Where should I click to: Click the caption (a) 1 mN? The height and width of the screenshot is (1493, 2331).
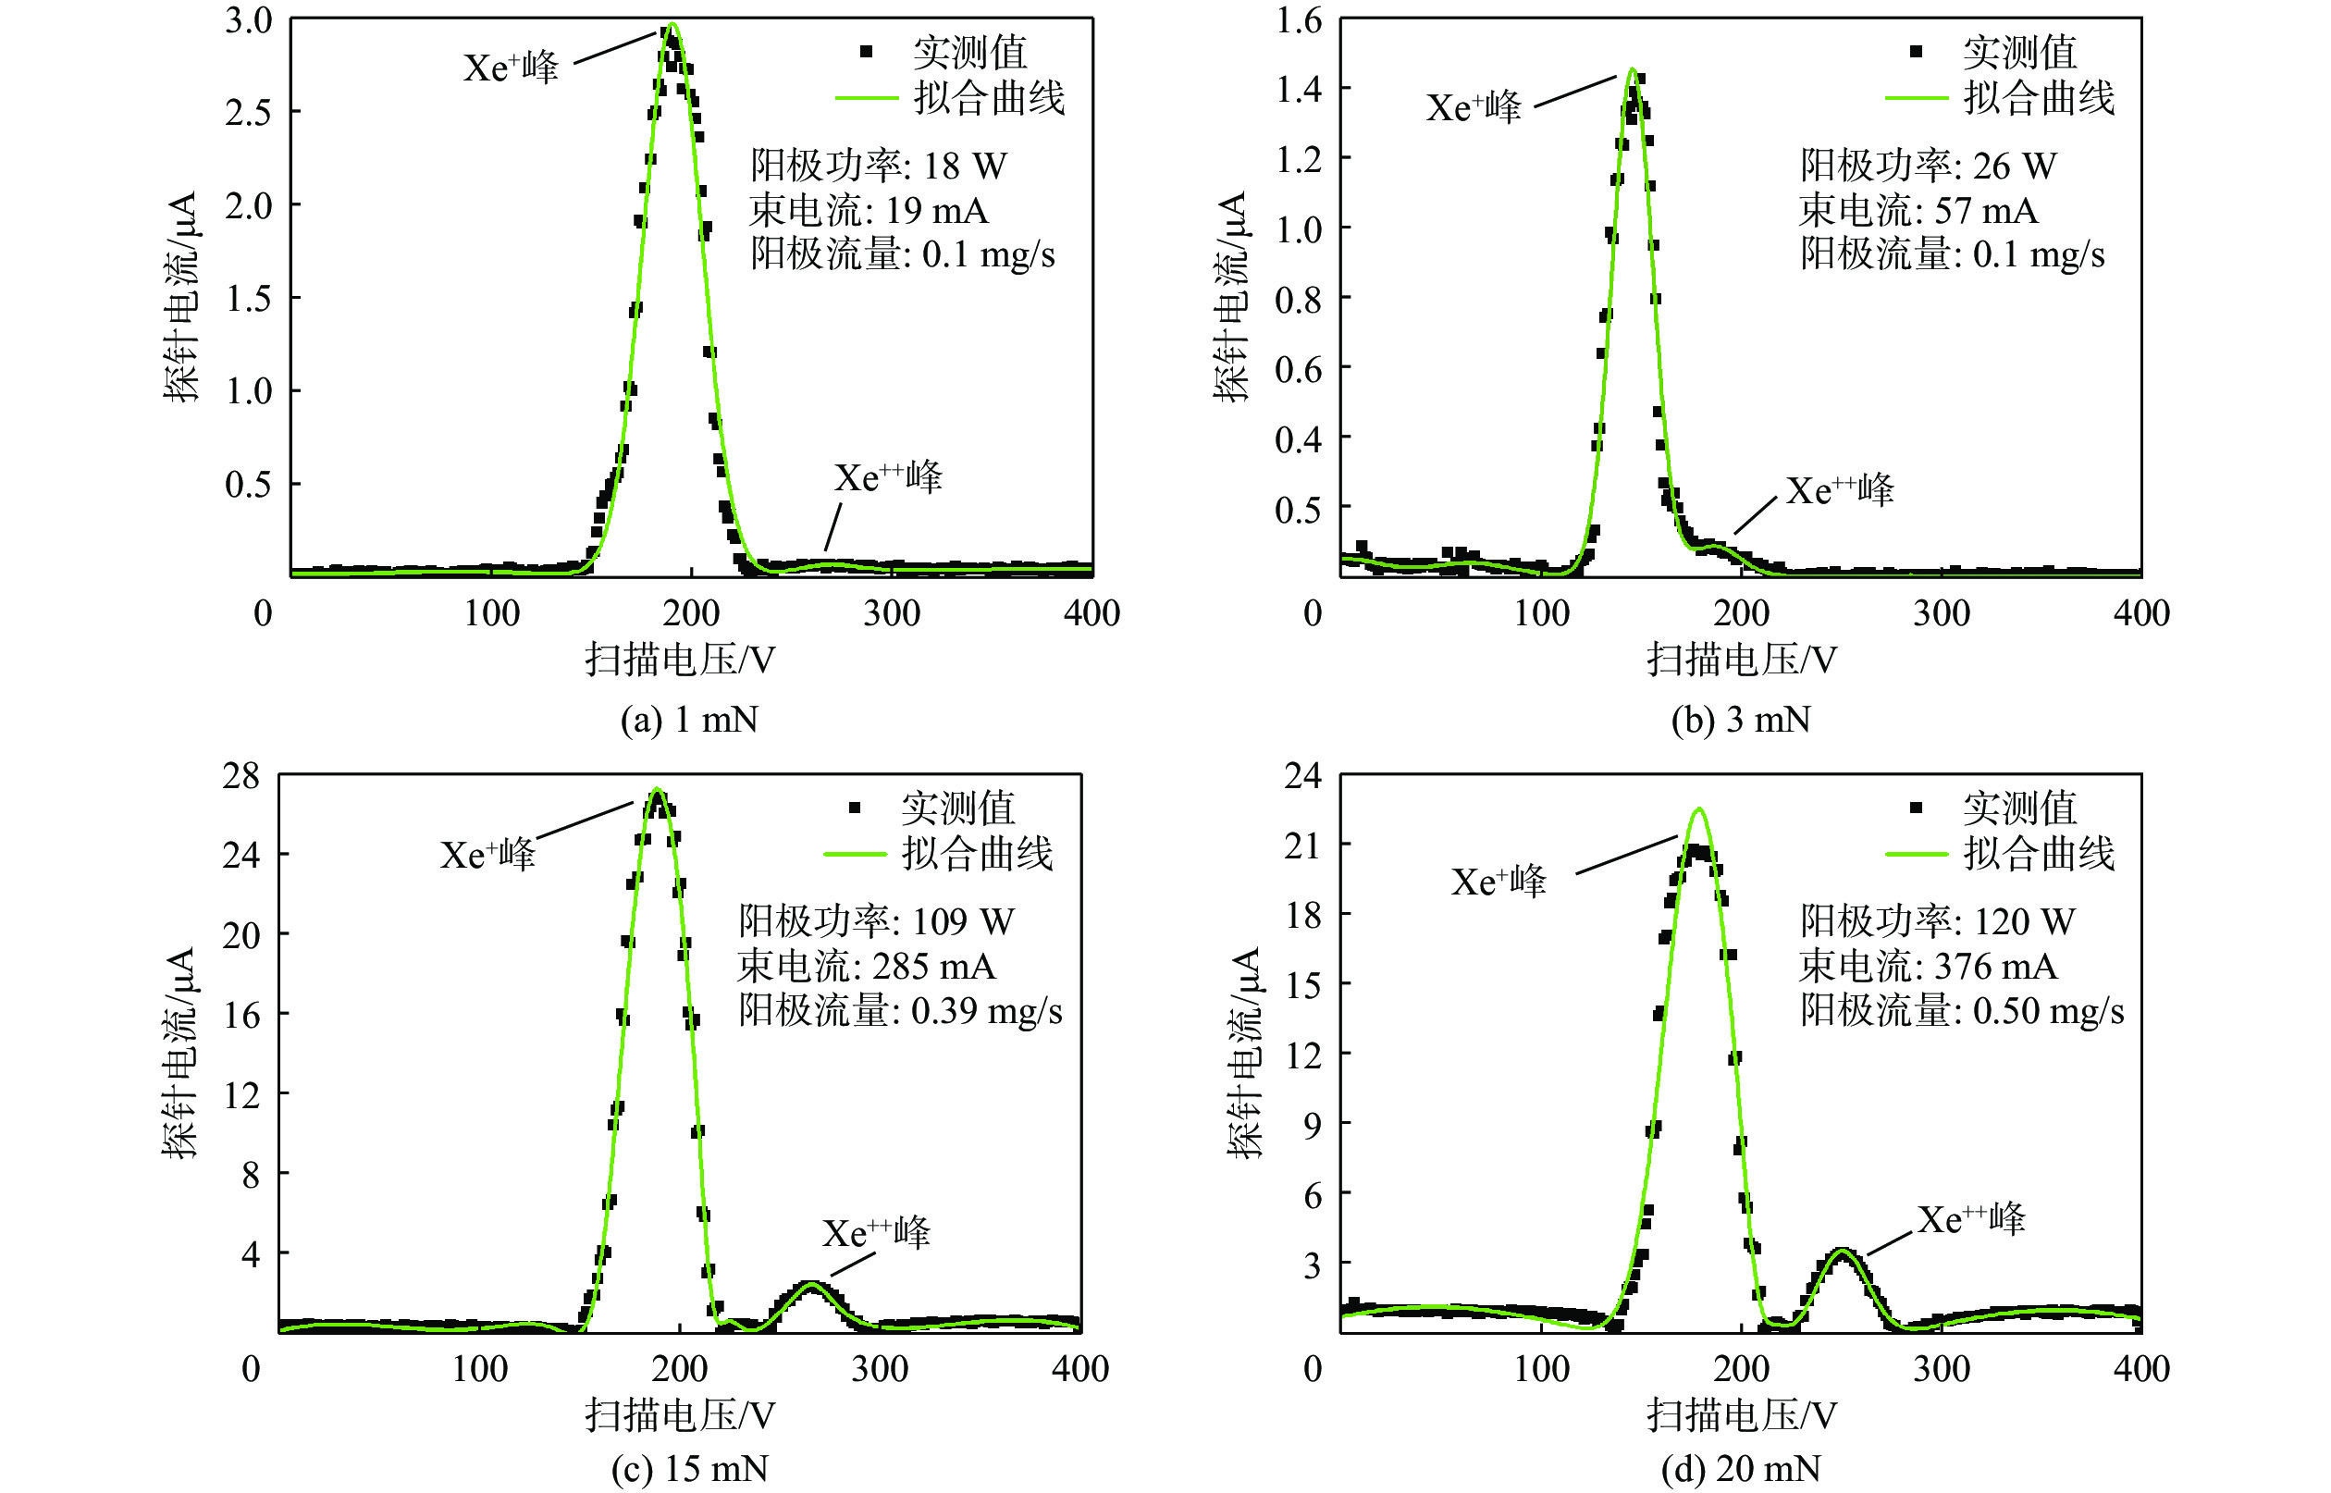coord(689,720)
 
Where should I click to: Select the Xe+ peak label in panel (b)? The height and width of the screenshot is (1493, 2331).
coord(1474,106)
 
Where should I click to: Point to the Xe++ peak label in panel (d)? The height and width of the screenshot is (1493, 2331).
coord(1970,1218)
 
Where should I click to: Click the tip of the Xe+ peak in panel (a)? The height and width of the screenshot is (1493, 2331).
coord(672,24)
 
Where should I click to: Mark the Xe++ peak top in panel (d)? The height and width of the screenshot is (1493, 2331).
coord(1842,1251)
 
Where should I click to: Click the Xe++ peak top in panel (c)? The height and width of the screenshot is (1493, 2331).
coord(810,1284)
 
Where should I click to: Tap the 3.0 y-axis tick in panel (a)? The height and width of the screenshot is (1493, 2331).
coord(248,20)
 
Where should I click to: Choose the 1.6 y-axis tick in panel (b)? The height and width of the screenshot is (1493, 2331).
coord(1299,20)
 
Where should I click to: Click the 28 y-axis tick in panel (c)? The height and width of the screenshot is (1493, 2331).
coord(241,775)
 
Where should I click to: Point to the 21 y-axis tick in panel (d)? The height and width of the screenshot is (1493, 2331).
coord(1301,846)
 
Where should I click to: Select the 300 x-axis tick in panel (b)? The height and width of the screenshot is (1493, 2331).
coord(1942,612)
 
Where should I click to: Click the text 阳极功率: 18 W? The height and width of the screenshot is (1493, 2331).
coord(878,166)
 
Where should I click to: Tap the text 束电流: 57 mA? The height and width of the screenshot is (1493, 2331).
coord(1918,210)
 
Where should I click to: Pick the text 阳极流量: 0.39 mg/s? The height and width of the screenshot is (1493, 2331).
coord(899,1010)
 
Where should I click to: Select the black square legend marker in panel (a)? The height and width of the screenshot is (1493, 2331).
coord(867,52)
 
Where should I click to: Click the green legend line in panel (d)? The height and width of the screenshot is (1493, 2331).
coord(1917,854)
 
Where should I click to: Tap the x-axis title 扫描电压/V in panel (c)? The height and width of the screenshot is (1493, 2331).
coord(680,1415)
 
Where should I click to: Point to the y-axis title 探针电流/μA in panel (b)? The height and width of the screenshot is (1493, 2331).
coord(1231,296)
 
